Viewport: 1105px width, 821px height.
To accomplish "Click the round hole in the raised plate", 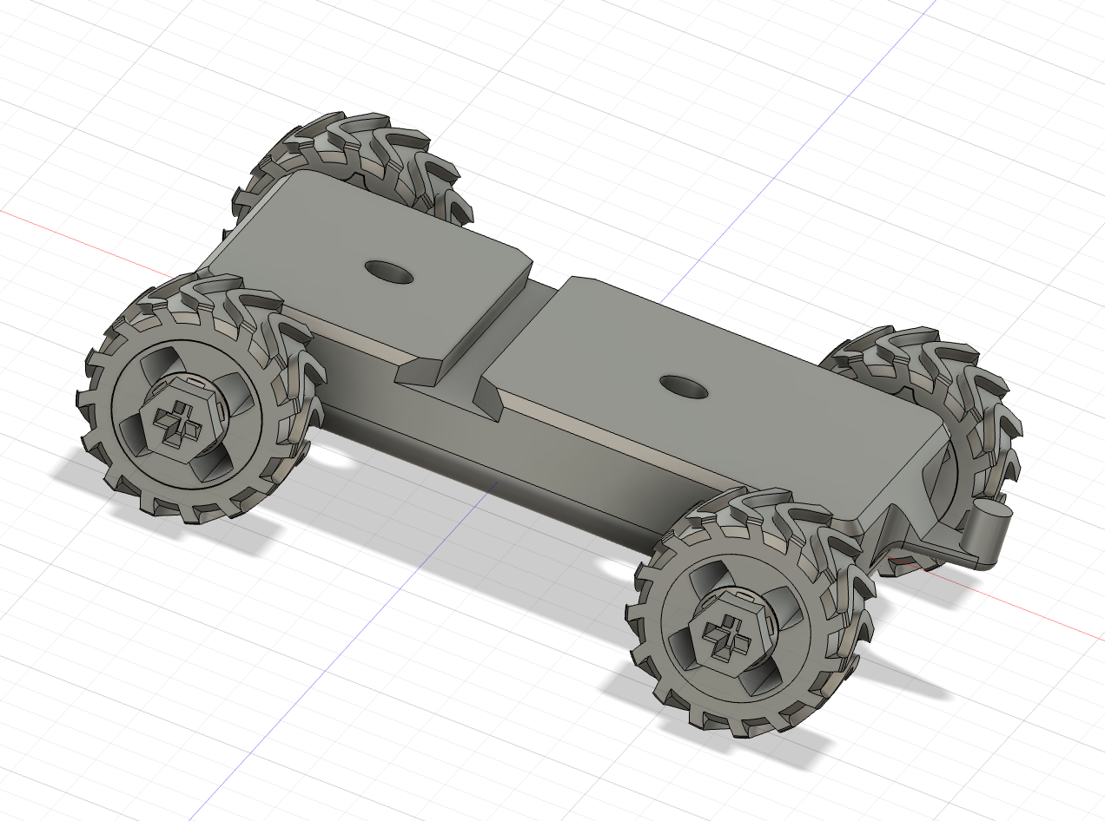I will tap(388, 271).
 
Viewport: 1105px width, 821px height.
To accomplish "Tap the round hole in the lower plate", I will tap(685, 386).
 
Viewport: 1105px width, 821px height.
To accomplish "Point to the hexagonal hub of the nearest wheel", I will tap(728, 634).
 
